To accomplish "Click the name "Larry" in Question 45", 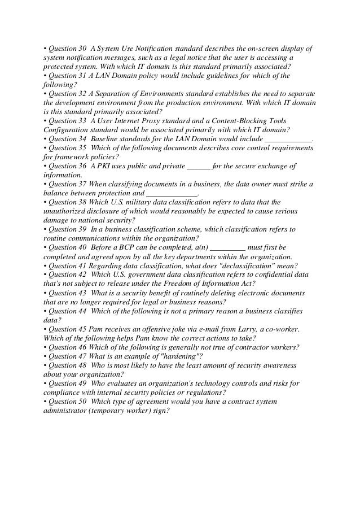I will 251,329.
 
